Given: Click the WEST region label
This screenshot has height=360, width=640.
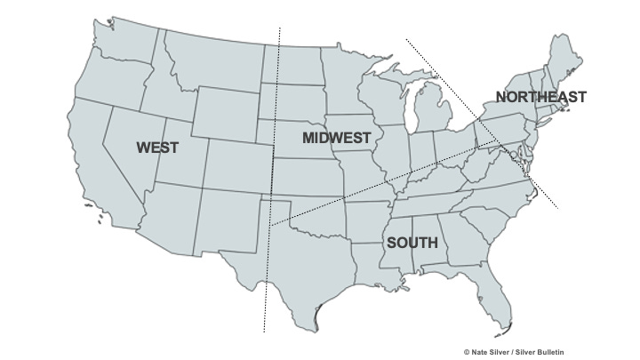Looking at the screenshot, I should point(157,148).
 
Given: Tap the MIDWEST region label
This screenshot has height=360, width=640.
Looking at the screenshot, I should point(336,138).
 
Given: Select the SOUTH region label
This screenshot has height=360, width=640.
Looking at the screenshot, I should point(412,243).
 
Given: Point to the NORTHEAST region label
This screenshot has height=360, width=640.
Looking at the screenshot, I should point(540,97).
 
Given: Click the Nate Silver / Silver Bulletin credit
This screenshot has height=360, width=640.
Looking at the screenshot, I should point(513,352).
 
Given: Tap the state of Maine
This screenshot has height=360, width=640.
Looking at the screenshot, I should point(566,62).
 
